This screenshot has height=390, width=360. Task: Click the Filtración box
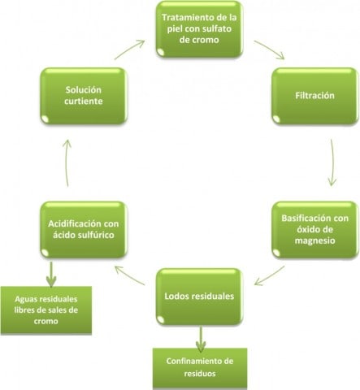pos(315,96)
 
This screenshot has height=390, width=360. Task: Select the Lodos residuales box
pos(199,297)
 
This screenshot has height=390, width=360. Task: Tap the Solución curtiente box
pos(84,96)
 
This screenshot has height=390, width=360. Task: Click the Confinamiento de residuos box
pos(200,368)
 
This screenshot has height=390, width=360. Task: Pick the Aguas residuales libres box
pos(46,310)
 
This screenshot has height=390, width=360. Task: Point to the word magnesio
pos(315,240)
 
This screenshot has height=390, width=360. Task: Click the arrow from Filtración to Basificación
pos(332,162)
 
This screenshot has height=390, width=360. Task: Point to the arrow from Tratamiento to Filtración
pos(270,49)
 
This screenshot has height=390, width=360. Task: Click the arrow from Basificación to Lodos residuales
pos(270,276)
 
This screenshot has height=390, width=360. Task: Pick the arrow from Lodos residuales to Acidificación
pos(129,275)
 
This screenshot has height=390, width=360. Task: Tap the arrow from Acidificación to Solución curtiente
pos(67,163)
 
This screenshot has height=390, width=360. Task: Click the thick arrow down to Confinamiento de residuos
pos(201,339)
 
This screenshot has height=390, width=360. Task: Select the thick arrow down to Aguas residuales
pos(51,274)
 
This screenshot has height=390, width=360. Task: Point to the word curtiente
pos(84,102)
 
